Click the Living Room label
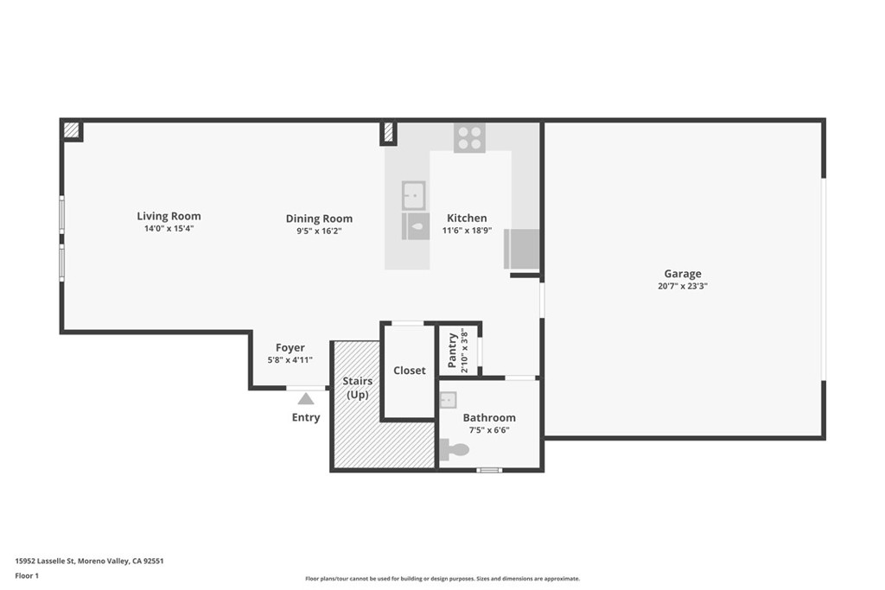(x=169, y=216)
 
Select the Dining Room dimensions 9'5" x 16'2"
(x=319, y=232)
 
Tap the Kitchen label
(x=467, y=218)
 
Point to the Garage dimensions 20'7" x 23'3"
(x=682, y=286)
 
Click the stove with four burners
(x=469, y=137)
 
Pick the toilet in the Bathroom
(x=454, y=449)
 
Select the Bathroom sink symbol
(x=448, y=400)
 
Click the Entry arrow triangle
(x=305, y=398)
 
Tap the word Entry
(x=306, y=417)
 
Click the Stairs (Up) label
(x=357, y=388)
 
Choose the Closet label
(x=410, y=371)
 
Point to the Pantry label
(x=452, y=350)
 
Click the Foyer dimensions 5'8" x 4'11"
(x=290, y=360)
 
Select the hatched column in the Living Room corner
(x=72, y=130)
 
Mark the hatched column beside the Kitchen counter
(x=388, y=132)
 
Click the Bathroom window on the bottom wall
(x=489, y=470)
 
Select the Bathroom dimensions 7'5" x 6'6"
(x=489, y=429)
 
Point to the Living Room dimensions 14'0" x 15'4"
(x=169, y=229)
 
